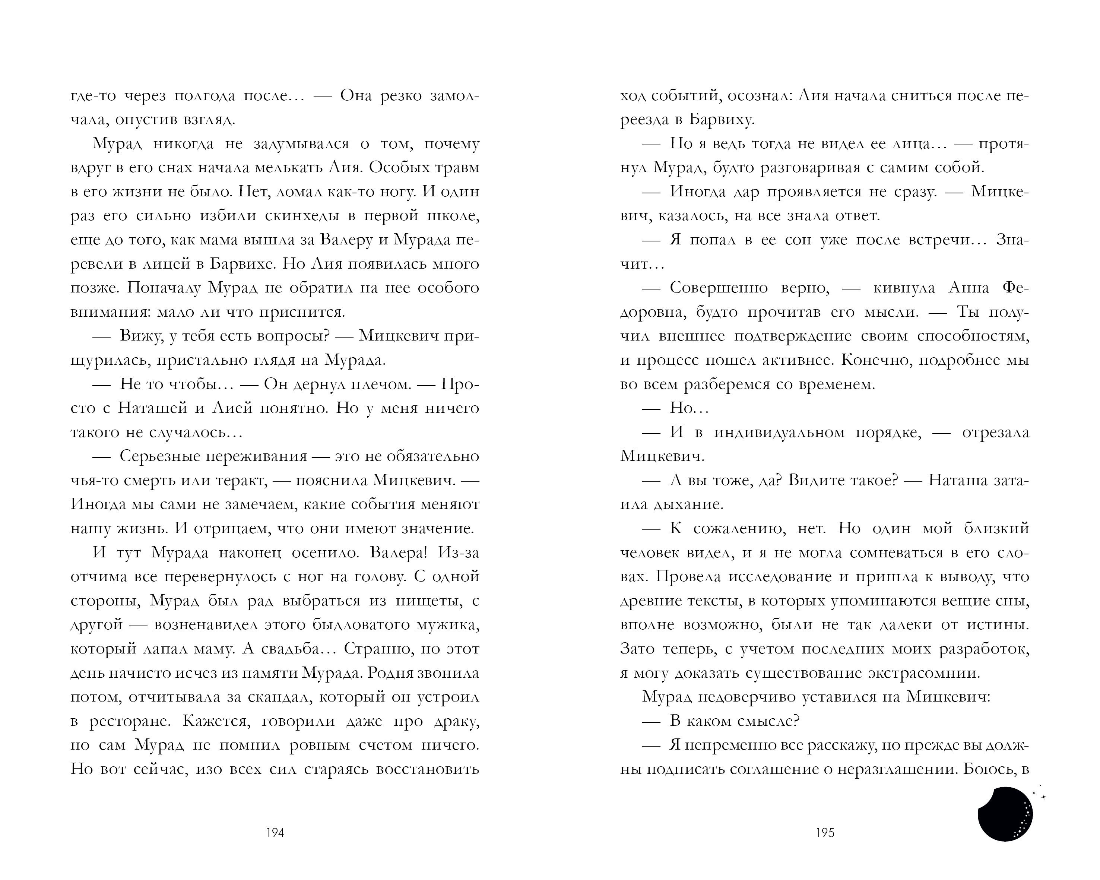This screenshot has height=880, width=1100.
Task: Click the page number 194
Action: [275, 833]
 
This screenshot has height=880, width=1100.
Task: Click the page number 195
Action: [825, 833]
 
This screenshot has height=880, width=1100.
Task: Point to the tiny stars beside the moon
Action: [1039, 794]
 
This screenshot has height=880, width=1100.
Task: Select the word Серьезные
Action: [159, 456]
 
